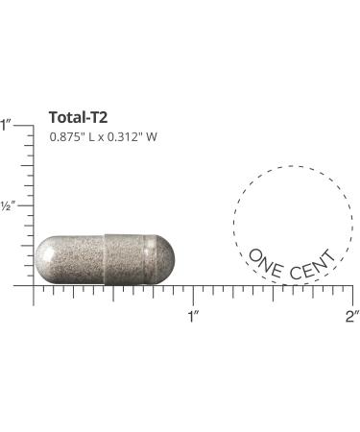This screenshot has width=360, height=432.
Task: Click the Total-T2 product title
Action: [78, 117]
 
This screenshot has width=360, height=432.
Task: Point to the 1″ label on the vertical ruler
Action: [6, 125]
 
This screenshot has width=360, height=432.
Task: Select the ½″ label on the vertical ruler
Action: [8, 205]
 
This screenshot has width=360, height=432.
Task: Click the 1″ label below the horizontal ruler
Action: [193, 317]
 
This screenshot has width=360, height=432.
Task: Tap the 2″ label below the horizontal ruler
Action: [352, 317]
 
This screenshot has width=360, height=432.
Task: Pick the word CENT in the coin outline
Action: [312, 265]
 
